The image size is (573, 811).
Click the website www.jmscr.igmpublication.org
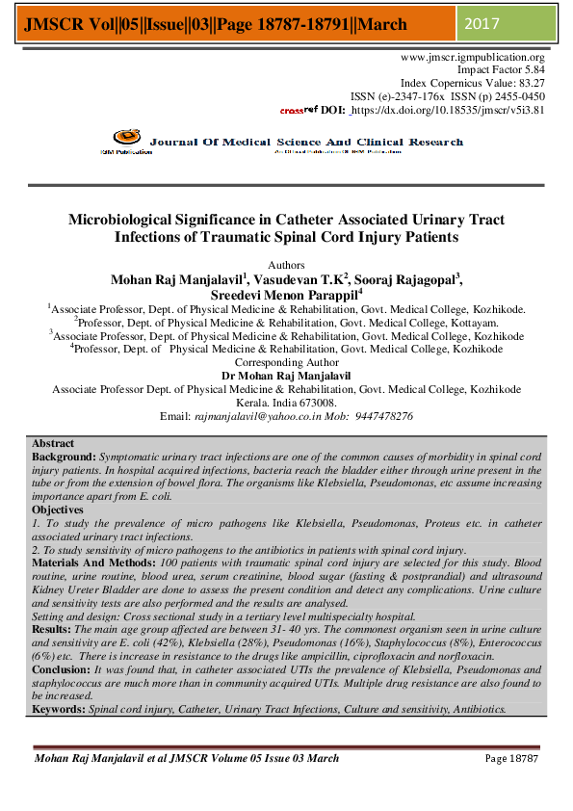pos(472,58)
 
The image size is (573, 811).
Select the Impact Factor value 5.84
pos(532,70)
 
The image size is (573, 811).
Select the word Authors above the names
pos(286,264)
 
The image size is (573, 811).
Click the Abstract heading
pos(53,443)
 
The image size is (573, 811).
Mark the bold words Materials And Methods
pos(90,561)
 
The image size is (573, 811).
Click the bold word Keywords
pos(59,709)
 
